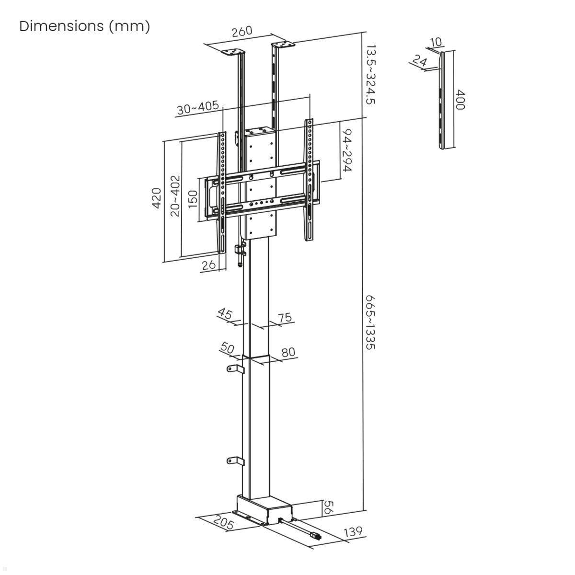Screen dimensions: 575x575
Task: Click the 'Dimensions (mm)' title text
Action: point(84,26)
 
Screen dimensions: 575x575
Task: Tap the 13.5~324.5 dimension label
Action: point(370,74)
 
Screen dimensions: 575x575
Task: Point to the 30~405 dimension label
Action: point(197,108)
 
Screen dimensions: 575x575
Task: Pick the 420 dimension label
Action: point(156,198)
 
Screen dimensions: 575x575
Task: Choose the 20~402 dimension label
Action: point(175,195)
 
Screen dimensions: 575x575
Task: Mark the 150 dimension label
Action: point(193,198)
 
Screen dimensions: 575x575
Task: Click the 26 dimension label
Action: point(208,265)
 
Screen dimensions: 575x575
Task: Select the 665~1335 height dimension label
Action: point(370,322)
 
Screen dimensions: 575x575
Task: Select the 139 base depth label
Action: point(353,531)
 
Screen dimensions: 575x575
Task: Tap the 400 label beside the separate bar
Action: point(460,100)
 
